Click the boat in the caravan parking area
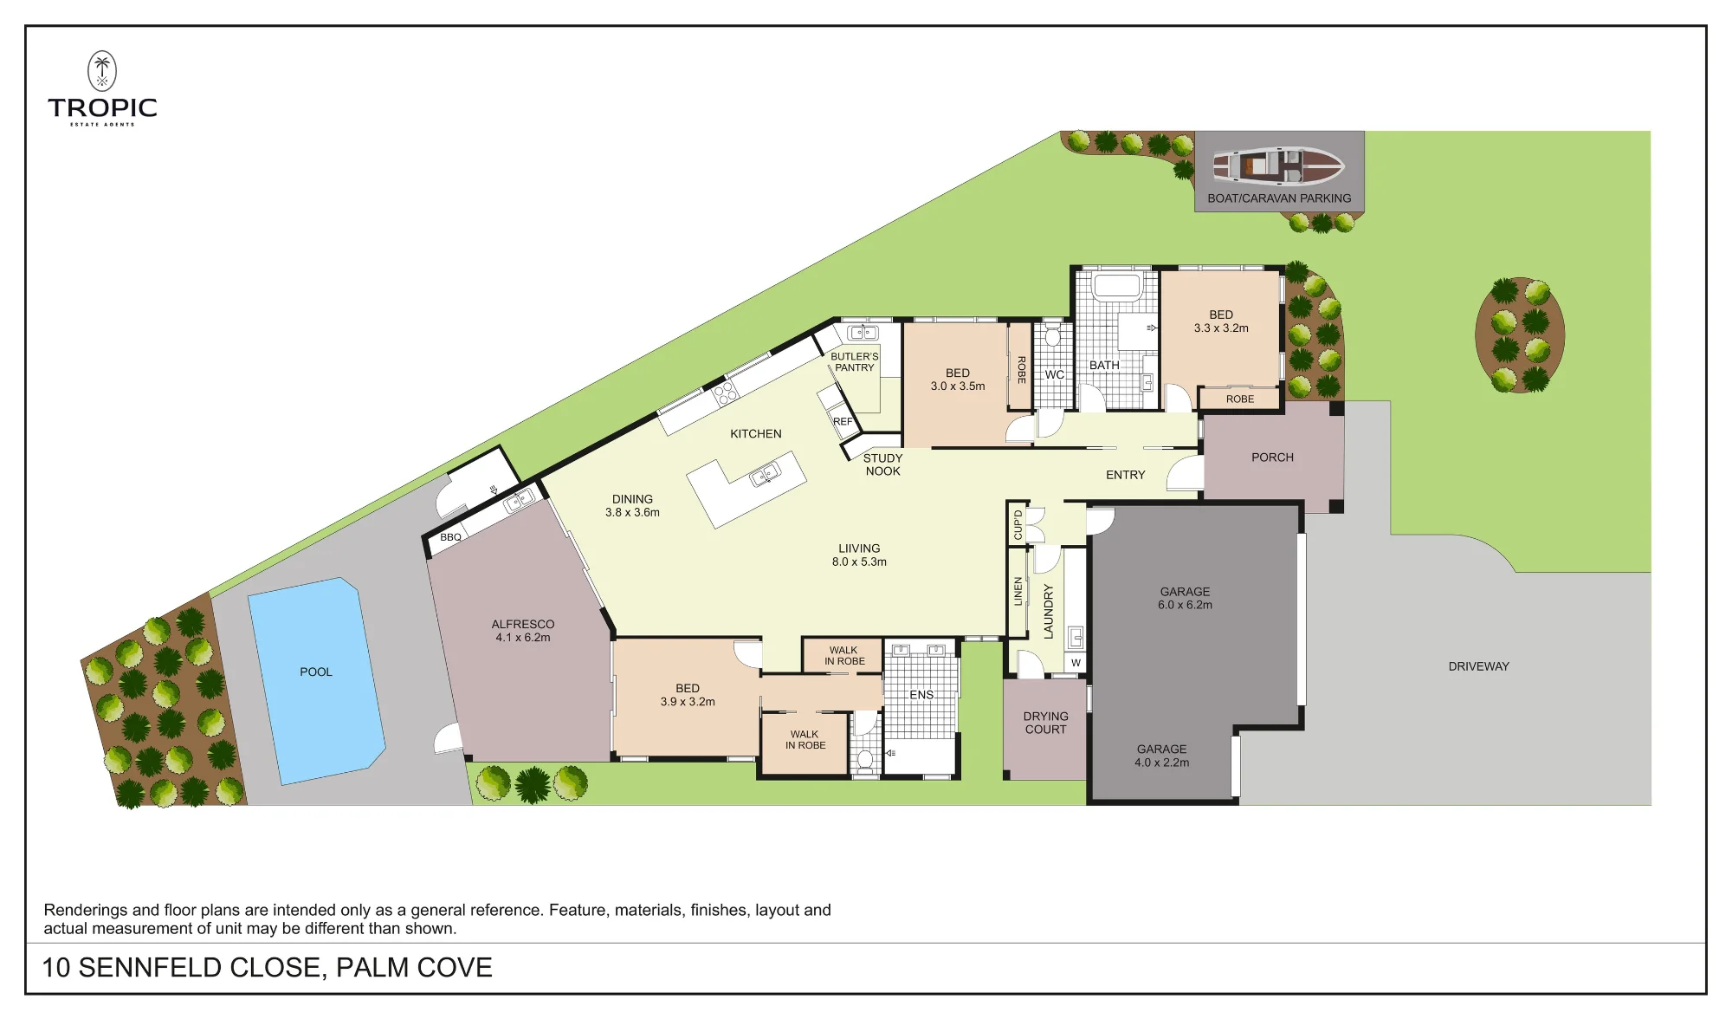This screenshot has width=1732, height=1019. pos(1278,166)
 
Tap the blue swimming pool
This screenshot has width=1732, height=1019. pos(317,681)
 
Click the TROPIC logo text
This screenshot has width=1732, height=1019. pos(103,107)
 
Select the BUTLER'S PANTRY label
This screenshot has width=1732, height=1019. pos(855,362)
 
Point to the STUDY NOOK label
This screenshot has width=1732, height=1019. pos(882,464)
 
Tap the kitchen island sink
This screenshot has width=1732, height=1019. pos(765,475)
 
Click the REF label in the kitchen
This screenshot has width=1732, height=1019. pos(843,422)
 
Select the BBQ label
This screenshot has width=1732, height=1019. pos(450,537)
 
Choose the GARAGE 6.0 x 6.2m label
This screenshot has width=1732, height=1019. pos(1185,598)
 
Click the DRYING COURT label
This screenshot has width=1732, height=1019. pos(1045,723)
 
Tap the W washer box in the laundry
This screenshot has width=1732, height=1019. pos(1076,663)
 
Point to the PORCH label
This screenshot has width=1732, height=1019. pos(1272,458)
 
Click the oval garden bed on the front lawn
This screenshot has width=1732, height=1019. pos(1520,335)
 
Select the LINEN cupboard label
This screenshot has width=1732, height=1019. pos(1018,591)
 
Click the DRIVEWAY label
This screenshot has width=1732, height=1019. pos(1478,666)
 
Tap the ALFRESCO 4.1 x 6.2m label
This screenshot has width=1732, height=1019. pos(522,631)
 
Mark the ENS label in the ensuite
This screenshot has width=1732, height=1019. pos(921,695)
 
